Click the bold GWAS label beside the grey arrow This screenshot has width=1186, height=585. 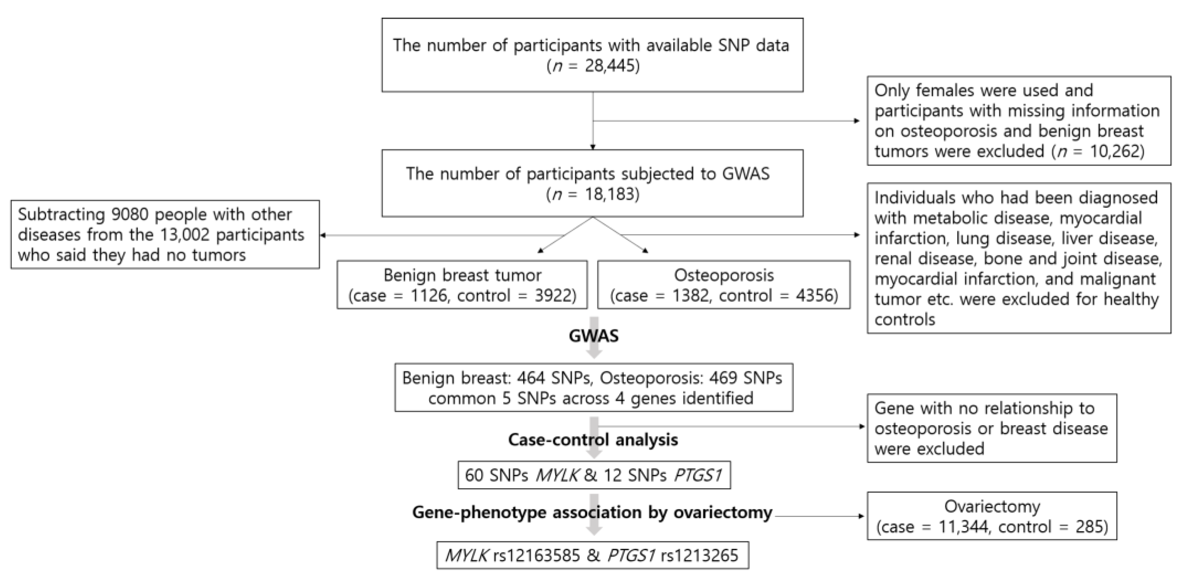pyautogui.click(x=593, y=336)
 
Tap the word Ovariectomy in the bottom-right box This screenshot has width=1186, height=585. pyautogui.click(x=992, y=506)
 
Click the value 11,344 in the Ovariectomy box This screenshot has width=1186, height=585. pyautogui.click(x=962, y=526)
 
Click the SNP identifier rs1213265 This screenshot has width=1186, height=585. pyautogui.click(x=699, y=556)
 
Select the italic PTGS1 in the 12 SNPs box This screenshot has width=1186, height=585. pyautogui.click(x=697, y=475)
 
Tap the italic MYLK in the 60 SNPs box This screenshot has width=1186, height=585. pyautogui.click(x=557, y=475)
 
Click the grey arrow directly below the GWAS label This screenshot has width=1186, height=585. pyautogui.click(x=594, y=352)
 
